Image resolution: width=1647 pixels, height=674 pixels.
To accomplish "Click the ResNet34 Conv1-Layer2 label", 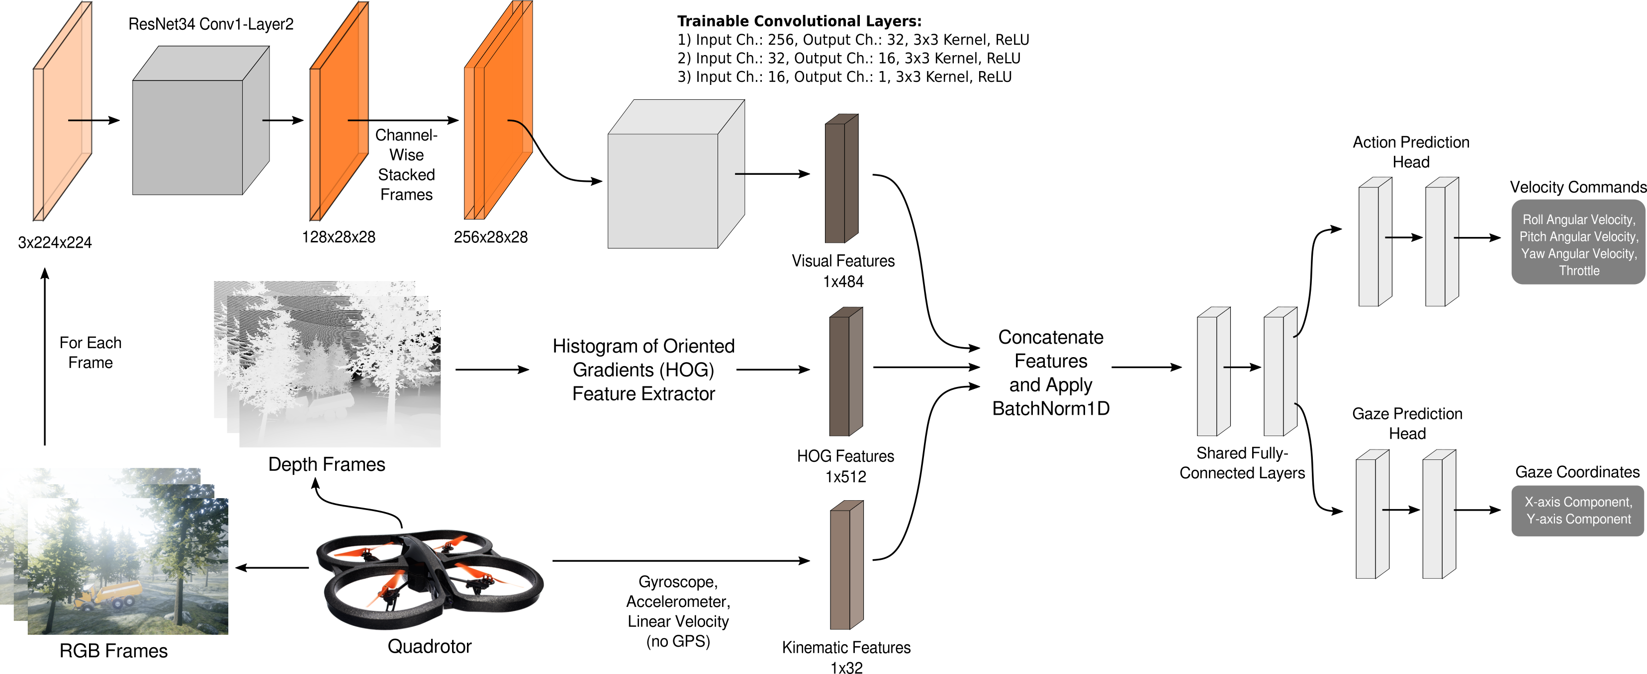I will pos(210,24).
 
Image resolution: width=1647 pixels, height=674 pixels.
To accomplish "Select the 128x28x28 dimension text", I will pos(338,237).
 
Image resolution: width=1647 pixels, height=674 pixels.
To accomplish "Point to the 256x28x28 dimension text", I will pos(490,237).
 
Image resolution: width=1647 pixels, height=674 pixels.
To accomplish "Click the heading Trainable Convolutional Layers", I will pos(799,21).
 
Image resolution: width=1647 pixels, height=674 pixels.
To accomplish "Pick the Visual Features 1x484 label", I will pos(843,271).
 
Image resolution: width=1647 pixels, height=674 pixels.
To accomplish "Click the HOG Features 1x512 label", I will pos(845,466).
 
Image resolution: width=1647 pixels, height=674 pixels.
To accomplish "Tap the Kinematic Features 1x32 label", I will pos(846,657).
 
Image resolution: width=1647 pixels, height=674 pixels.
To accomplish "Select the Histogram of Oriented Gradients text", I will pos(643,369).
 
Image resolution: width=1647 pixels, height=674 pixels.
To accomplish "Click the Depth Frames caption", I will pos(326,464).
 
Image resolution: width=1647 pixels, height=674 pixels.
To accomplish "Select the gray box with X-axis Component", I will pos(1578,511).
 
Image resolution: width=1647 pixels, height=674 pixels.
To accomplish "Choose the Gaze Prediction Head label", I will pos(1407,423).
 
